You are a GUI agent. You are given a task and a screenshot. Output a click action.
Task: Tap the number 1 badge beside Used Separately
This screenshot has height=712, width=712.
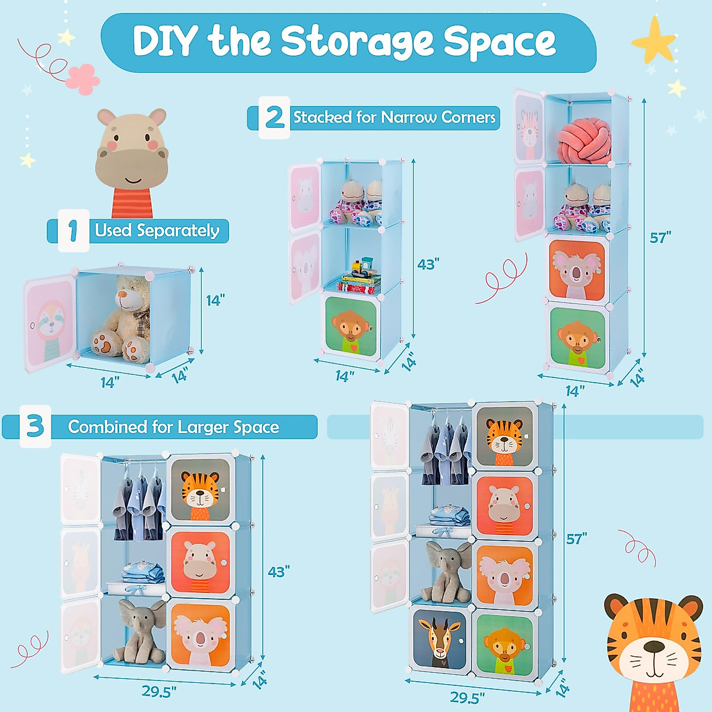[73, 230]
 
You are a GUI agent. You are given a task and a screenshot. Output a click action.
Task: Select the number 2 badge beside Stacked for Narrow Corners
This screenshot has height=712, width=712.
[274, 117]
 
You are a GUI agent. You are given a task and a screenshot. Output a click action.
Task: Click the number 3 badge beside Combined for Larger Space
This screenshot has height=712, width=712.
[35, 426]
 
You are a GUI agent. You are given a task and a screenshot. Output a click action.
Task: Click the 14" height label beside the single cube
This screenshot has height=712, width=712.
[215, 300]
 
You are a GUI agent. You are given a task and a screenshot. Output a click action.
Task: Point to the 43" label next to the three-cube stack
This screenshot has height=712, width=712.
[428, 264]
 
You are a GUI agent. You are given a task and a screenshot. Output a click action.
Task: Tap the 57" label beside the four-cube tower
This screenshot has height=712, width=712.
[660, 238]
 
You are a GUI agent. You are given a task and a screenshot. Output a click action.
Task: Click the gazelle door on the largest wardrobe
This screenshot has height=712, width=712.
[439, 638]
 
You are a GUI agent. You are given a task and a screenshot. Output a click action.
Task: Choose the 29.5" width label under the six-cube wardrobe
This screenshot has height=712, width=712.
[159, 692]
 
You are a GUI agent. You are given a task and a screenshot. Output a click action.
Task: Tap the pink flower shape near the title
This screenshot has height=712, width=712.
[82, 78]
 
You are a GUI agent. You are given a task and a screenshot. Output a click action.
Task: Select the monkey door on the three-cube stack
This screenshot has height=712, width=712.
[352, 326]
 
